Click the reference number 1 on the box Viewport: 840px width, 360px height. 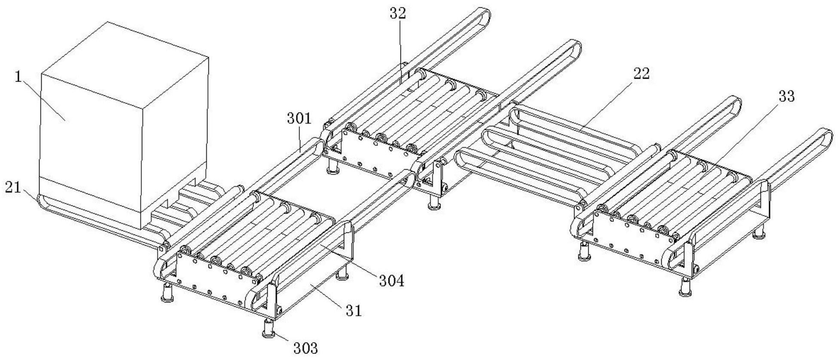pos(18,77)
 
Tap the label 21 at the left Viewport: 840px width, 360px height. pos(13,188)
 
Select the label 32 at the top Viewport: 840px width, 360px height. pos(398,13)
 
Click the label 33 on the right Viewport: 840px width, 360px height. pos(787,97)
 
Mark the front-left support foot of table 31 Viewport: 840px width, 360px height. pos(166,294)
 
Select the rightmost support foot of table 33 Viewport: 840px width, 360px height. pos(760,232)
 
